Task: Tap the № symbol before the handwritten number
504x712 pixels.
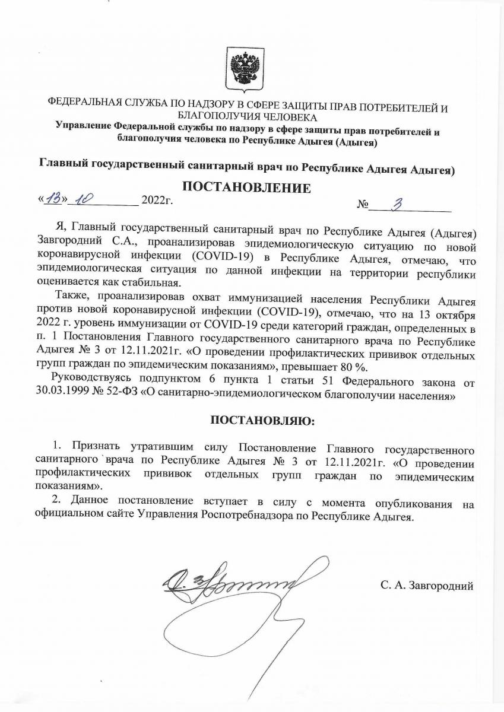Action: pyautogui.click(x=363, y=205)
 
